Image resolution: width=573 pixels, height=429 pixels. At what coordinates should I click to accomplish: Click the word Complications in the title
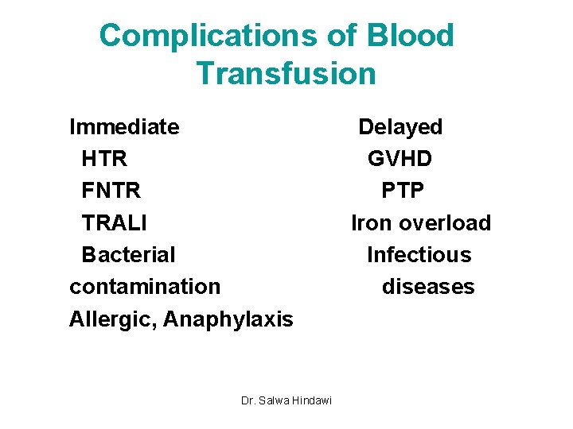pos(197,37)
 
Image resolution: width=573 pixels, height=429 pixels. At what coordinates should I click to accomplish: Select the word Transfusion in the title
pos(286,74)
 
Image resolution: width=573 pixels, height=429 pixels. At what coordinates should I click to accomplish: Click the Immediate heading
pos(124,127)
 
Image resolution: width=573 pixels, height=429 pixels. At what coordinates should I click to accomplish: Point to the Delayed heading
pos(400,127)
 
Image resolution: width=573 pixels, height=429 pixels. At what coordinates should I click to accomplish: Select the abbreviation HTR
pos(104,159)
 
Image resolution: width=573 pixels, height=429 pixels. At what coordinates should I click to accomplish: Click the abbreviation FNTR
pos(111,191)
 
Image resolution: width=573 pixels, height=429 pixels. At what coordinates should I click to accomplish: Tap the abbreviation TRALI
pos(114,223)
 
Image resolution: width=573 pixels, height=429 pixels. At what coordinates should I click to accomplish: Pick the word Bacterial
pos(128,255)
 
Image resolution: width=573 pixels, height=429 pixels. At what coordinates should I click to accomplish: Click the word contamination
pos(145,286)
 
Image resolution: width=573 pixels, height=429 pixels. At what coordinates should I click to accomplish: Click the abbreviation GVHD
pos(400,159)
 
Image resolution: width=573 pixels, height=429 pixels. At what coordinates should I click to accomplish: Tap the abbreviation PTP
pos(403,191)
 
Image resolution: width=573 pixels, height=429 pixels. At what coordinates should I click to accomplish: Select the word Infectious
pos(419,255)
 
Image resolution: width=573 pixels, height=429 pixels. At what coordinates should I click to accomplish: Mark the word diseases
pos(428,287)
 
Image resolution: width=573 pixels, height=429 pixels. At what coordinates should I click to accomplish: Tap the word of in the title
pos(337,37)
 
